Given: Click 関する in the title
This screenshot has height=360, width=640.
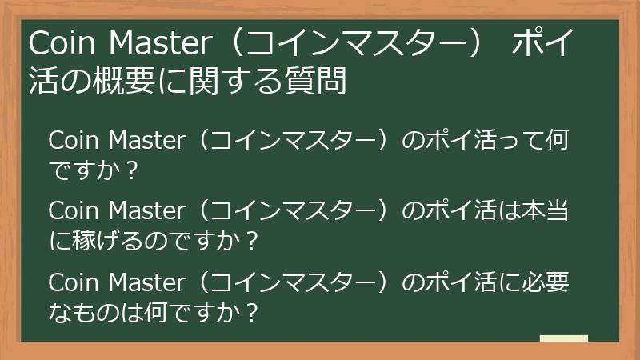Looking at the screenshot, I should [x=249, y=81].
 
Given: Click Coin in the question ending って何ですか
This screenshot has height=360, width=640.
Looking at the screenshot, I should [x=73, y=141].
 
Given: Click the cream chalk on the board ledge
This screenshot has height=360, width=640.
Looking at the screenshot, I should [x=564, y=339].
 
